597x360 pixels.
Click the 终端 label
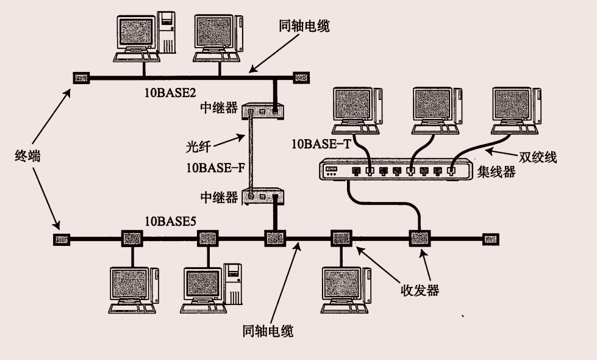click(x=27, y=156)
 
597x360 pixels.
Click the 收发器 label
click(x=420, y=290)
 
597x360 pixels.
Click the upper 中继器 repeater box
click(x=263, y=111)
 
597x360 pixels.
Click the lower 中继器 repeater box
click(x=263, y=196)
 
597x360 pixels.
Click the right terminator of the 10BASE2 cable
click(x=301, y=77)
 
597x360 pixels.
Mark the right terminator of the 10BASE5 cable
click(x=490, y=239)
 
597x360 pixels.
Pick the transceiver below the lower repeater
click(x=274, y=238)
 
